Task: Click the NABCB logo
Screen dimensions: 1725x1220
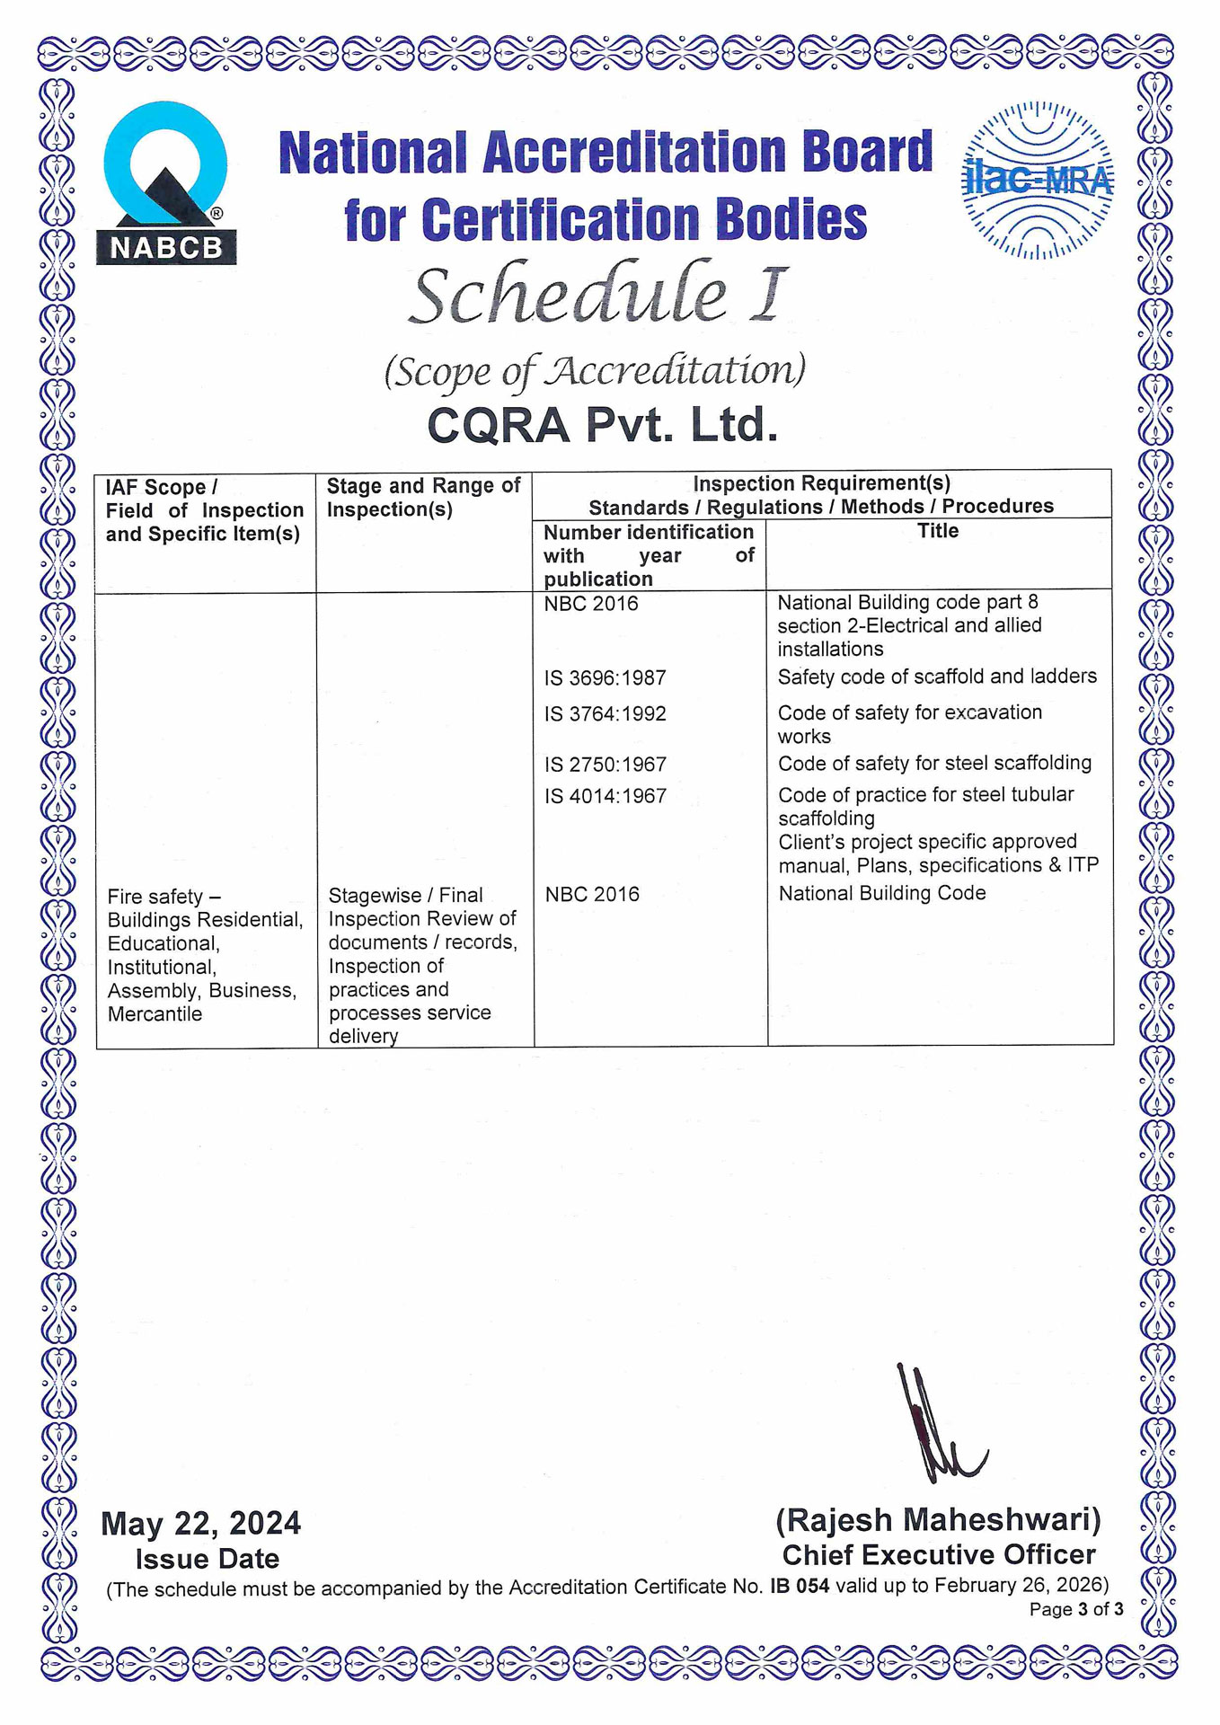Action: tap(165, 184)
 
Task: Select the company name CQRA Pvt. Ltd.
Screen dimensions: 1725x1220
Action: tap(602, 425)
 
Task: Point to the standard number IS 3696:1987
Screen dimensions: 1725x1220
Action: tap(605, 678)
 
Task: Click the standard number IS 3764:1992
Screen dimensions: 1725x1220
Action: tap(605, 714)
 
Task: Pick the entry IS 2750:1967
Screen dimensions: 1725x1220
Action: tap(605, 765)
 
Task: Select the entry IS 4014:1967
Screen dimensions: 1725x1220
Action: tap(605, 796)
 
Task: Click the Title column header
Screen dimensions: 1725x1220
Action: tap(938, 531)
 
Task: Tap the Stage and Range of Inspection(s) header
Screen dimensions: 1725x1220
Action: tap(423, 498)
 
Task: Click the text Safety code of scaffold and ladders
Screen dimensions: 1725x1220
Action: tap(937, 677)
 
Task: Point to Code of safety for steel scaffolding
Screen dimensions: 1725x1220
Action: tap(934, 764)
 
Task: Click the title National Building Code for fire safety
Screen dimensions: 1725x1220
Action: tap(881, 893)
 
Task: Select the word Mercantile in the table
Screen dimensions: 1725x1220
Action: tap(155, 1014)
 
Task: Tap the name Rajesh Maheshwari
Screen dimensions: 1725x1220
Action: tap(938, 1520)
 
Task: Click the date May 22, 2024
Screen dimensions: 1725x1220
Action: tap(201, 1524)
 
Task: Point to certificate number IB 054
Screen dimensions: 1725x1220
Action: tap(799, 1586)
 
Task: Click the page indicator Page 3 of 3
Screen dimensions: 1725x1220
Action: tap(1075, 1609)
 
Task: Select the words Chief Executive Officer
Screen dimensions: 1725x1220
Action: tap(938, 1555)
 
